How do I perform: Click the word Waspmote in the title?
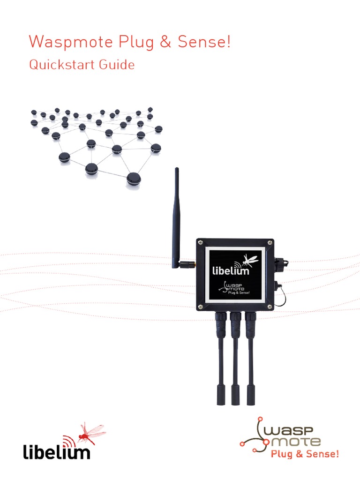[71, 42]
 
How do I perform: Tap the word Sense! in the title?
[204, 41]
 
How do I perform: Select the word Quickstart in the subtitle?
[60, 65]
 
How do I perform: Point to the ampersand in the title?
[165, 42]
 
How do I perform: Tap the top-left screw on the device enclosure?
[200, 243]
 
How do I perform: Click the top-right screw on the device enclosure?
[270, 243]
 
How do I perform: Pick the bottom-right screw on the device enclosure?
[270, 307]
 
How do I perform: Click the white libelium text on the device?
[231, 270]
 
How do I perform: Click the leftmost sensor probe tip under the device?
[221, 395]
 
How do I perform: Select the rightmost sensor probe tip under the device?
[251, 395]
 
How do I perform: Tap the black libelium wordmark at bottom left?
[57, 452]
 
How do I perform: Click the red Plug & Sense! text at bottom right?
[305, 454]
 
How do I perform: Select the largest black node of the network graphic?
[134, 179]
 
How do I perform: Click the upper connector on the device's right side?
[279, 262]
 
